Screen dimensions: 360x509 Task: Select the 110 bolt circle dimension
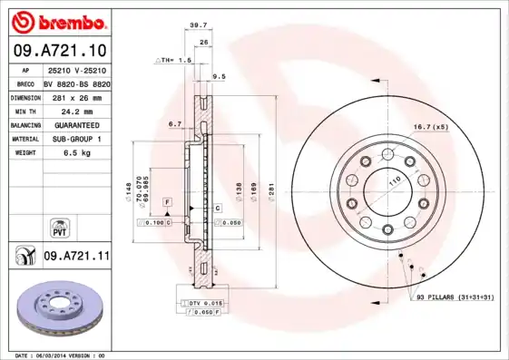[395, 182]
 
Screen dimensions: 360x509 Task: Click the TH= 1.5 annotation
[175, 60]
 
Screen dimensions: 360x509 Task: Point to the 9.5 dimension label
[218, 77]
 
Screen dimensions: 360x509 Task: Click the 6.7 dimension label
[175, 123]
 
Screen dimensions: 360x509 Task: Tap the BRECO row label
[24, 83]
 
